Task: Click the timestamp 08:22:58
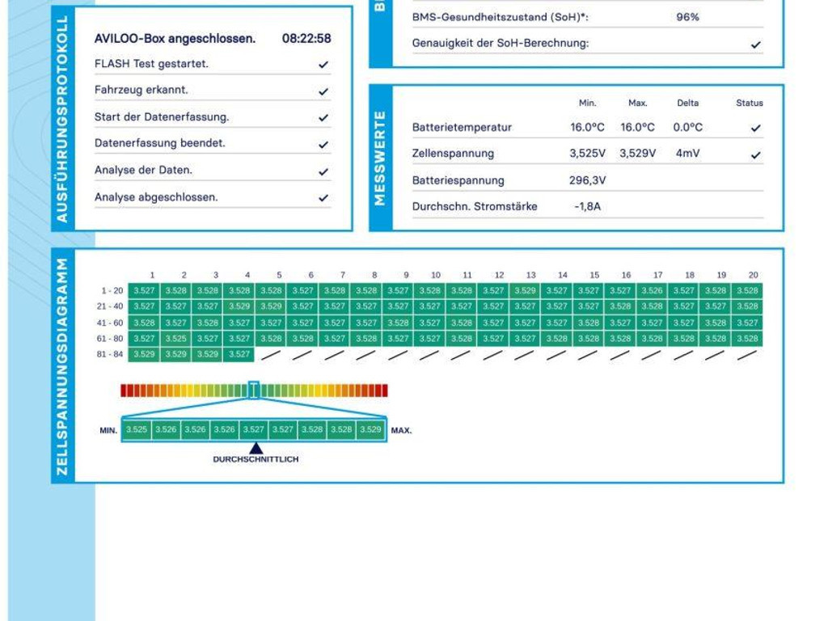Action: tap(306, 38)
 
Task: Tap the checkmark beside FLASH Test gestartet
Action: tap(323, 65)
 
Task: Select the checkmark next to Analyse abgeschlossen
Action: tap(323, 198)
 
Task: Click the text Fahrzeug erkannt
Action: tap(142, 90)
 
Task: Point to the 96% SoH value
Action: tap(688, 17)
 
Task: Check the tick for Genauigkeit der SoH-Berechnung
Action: tap(756, 44)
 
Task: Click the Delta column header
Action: tap(688, 103)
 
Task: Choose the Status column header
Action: tap(750, 103)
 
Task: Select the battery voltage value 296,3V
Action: tap(588, 180)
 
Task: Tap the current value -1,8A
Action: tap(588, 206)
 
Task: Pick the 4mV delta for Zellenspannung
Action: tap(688, 153)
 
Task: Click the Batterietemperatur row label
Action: tap(462, 127)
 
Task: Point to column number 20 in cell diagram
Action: tap(754, 275)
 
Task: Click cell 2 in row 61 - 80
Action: tap(176, 339)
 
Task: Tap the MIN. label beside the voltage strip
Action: tap(109, 430)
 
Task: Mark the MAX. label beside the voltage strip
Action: tap(401, 430)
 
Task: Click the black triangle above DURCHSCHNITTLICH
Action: tap(256, 448)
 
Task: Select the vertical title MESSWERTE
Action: tap(381, 158)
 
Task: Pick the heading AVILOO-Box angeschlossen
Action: tap(175, 38)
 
